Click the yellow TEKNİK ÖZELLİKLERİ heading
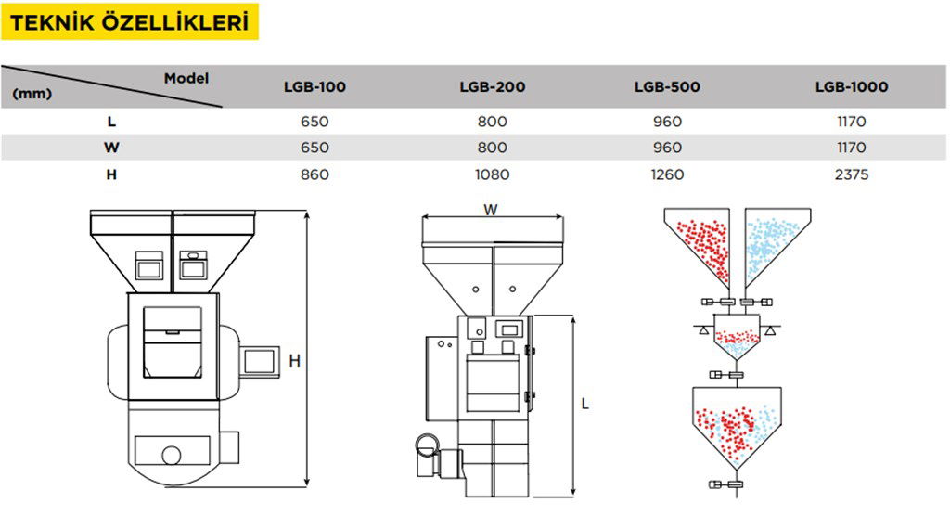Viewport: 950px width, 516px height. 130,21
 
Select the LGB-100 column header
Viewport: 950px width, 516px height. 315,87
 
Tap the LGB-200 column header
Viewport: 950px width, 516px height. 493,87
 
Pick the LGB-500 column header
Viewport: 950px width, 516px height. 667,87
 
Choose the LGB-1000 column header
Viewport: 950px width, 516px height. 852,87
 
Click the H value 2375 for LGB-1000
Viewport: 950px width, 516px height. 852,174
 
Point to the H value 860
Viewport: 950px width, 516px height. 315,174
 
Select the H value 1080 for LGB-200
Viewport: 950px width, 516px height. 493,174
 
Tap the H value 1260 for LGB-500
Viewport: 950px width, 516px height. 667,174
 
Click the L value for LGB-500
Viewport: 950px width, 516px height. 667,122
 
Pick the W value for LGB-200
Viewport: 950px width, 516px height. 493,148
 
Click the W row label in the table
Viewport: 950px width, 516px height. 111,148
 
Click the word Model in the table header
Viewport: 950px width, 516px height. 186,78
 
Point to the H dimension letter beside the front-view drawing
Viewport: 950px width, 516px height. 294,361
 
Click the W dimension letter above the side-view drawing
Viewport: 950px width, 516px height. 491,210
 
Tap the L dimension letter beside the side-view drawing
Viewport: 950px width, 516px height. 585,404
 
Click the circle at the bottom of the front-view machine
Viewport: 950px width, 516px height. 172,454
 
